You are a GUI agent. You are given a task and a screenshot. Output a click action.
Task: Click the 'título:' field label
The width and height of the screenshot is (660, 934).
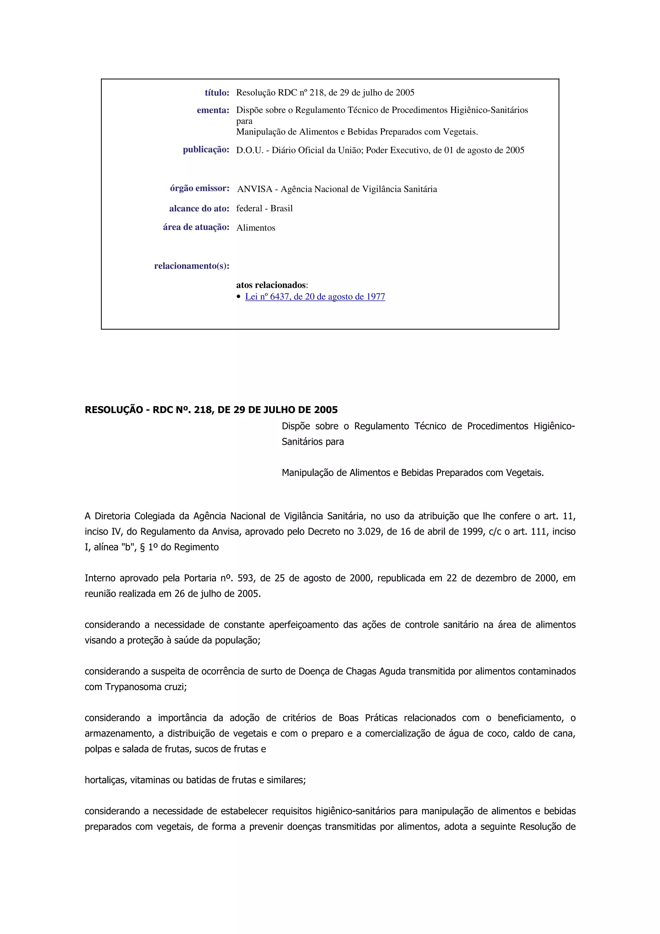click(217, 93)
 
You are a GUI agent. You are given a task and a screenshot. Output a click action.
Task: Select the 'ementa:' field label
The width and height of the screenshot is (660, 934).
click(213, 110)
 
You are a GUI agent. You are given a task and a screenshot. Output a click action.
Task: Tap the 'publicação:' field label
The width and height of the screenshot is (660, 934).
click(206, 150)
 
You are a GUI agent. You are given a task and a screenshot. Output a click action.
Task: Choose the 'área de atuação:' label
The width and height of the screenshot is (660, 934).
click(196, 227)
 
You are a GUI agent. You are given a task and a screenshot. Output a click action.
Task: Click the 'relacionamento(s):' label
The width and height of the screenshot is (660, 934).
click(191, 266)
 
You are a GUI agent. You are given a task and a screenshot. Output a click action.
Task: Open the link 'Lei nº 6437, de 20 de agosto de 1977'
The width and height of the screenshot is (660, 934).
click(315, 297)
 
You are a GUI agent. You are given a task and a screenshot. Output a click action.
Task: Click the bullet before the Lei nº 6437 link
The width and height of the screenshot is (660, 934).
click(239, 297)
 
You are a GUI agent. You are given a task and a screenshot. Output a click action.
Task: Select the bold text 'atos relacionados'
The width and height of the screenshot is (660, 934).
click(270, 285)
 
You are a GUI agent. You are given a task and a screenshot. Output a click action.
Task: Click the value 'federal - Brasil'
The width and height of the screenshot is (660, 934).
click(264, 208)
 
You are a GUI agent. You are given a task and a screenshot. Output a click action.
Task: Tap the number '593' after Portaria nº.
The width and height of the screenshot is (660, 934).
click(246, 578)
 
